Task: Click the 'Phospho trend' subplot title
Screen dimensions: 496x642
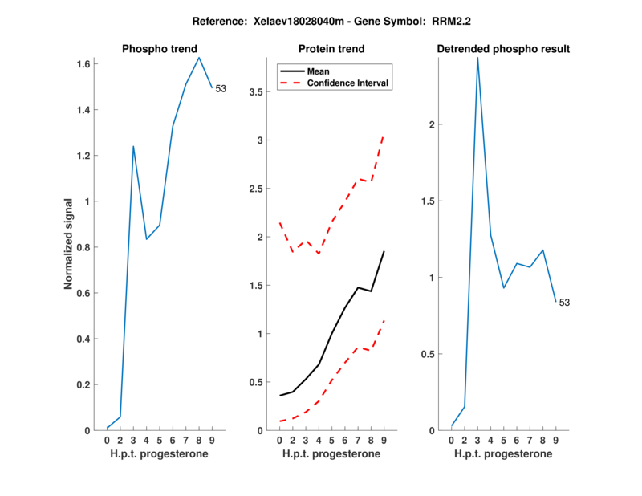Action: coord(159,49)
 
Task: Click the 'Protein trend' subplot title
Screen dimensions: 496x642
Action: coord(331,49)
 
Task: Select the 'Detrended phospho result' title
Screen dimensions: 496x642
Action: coord(503,49)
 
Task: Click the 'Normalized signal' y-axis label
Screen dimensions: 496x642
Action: coord(70,244)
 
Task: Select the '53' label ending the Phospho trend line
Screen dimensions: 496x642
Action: coord(221,89)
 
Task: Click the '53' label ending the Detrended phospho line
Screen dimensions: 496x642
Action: coord(564,303)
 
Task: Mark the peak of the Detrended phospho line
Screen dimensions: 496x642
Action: coord(477,58)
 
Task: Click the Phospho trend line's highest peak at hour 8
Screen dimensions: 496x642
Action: coord(199,57)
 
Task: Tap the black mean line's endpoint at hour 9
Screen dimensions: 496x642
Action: coord(384,252)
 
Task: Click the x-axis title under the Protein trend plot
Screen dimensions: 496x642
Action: coord(331,454)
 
